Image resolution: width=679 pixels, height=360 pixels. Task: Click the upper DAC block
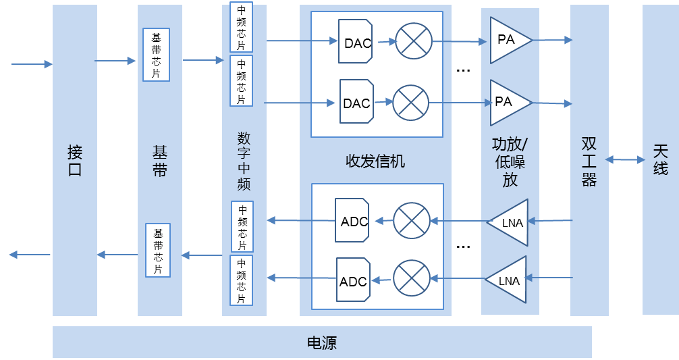coord(355,42)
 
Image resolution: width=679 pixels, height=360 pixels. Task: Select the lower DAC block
coord(356,102)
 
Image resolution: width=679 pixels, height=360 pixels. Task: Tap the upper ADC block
coord(352,221)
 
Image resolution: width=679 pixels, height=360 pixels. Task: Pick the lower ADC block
coord(354,280)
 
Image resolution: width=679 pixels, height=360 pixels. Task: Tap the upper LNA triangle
coord(510,222)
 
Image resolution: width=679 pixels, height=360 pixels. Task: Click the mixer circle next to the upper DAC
coord(413,41)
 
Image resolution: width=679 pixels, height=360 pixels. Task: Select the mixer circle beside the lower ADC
coord(412,278)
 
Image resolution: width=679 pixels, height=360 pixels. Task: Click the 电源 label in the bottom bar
coord(322,343)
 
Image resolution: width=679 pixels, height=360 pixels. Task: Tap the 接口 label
coord(75,161)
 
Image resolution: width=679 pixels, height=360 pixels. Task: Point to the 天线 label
coord(660,159)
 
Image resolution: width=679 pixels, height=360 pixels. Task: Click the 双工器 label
coord(589,162)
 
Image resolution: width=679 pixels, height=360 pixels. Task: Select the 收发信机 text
coord(375,161)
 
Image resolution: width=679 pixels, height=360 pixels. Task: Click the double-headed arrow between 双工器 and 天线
coord(625,159)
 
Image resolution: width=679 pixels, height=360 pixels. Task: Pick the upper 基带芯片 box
coord(156,55)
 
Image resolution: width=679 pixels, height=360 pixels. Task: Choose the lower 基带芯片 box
coord(158,250)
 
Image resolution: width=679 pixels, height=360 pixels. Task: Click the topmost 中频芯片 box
coord(242,28)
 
